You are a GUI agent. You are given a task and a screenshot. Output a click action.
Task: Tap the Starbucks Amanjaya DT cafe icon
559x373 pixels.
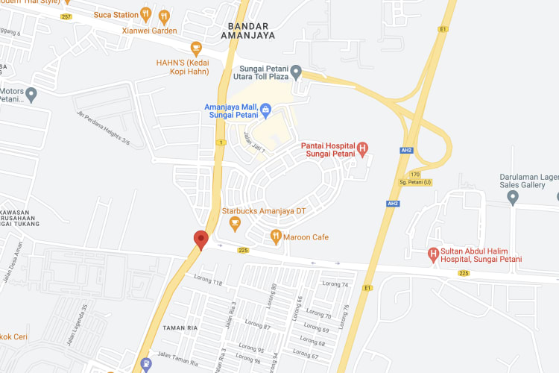235,224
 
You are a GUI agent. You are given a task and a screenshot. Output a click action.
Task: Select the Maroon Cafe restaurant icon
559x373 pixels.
276,237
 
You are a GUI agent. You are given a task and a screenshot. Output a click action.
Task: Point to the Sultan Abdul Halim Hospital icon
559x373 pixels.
433,254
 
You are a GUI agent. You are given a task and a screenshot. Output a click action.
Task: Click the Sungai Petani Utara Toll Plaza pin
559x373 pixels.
296,72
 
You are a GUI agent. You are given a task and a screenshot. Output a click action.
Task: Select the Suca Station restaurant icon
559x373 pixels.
146,14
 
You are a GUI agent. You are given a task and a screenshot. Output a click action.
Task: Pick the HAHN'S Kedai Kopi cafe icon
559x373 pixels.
196,48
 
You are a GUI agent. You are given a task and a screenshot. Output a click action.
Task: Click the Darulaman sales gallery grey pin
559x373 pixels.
512,197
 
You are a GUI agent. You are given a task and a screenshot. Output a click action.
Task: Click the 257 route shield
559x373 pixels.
66,16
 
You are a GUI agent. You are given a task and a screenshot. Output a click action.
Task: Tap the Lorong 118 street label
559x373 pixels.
207,283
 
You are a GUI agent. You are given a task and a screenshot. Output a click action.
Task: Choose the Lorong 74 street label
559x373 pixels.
335,284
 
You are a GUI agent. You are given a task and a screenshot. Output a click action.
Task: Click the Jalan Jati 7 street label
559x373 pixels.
253,142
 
